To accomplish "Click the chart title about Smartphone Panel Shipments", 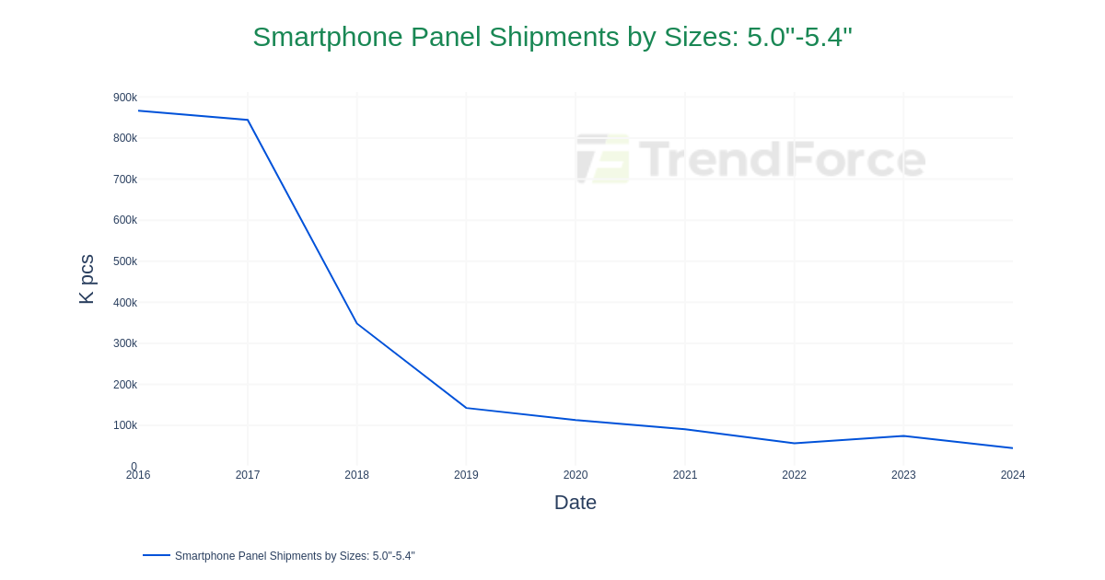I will coord(552,37).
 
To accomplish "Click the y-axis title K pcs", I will coord(87,279).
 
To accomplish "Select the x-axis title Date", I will coord(575,503).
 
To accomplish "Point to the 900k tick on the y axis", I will coord(125,98).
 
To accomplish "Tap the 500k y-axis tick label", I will coord(125,261).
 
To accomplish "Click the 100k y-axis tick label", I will coord(125,425).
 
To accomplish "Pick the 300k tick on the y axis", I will coord(125,343).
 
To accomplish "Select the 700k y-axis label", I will coord(125,180).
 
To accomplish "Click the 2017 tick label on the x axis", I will coord(248,475).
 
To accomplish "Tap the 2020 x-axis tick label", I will coord(576,475).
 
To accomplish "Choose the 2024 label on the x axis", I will coord(1012,475).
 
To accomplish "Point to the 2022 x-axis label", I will coord(794,475).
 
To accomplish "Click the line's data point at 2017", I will coord(248,120).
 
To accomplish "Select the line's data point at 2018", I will coord(357,323).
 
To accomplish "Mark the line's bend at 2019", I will coord(466,408).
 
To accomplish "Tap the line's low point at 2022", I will coord(794,444).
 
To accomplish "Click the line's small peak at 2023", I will coord(903,436).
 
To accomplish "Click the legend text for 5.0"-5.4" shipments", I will coord(295,556).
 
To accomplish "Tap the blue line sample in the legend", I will coord(157,555).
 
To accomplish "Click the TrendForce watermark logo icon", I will coord(603,159).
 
